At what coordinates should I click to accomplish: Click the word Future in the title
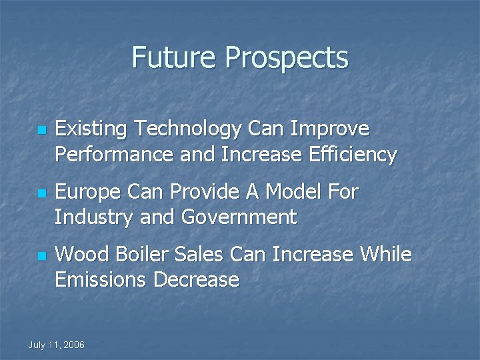(x=175, y=57)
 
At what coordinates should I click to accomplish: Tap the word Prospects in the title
(x=287, y=59)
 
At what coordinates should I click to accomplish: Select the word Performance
(x=114, y=155)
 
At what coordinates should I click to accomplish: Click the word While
(x=386, y=254)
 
